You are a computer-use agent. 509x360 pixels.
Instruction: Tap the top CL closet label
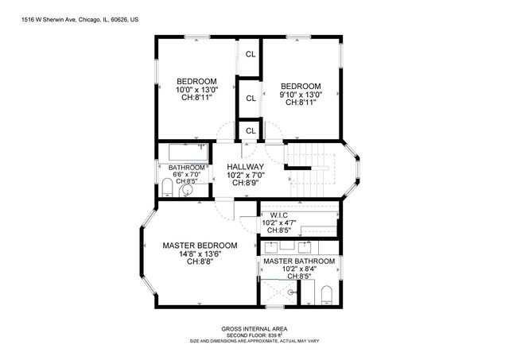tap(250, 55)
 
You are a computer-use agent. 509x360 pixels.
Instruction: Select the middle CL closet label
tap(250, 99)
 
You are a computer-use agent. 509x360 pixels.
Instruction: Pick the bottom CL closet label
tap(250, 130)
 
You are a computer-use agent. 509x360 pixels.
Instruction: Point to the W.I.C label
tap(278, 215)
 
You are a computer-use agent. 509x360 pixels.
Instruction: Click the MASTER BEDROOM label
tap(200, 245)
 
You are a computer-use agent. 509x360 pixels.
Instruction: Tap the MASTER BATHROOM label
tap(299, 261)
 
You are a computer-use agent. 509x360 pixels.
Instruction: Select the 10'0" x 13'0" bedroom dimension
tap(196, 90)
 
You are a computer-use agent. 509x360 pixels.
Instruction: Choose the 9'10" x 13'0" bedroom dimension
tap(301, 95)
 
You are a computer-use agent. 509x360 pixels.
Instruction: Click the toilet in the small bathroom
tap(167, 188)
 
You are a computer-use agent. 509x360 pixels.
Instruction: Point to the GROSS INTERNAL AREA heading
tap(254, 328)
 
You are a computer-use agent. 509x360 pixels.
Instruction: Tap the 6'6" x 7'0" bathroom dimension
tap(187, 174)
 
